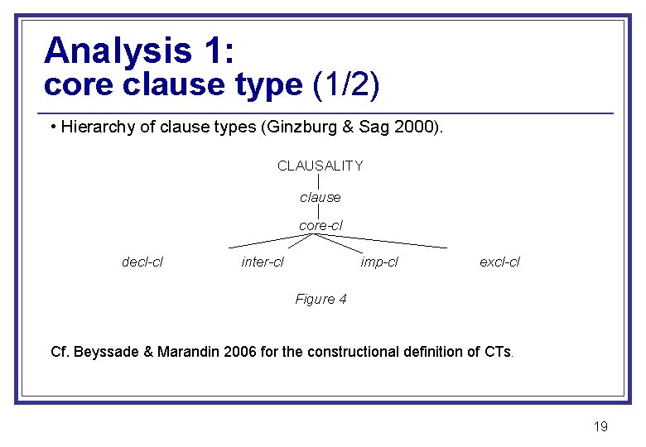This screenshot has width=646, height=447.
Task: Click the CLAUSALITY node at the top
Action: (320, 166)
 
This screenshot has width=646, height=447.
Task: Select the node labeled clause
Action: (320, 197)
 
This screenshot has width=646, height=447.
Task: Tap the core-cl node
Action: (320, 225)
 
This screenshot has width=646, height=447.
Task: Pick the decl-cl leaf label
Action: (142, 262)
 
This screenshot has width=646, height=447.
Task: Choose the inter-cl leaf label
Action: (263, 262)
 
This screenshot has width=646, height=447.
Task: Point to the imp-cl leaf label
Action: (379, 262)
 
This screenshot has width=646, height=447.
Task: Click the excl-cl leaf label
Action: (499, 262)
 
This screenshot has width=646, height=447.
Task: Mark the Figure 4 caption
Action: (321, 299)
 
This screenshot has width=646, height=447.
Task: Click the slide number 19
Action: (600, 426)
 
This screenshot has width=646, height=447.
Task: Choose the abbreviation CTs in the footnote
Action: (498, 352)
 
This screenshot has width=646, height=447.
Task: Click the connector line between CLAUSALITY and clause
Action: (320, 181)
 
